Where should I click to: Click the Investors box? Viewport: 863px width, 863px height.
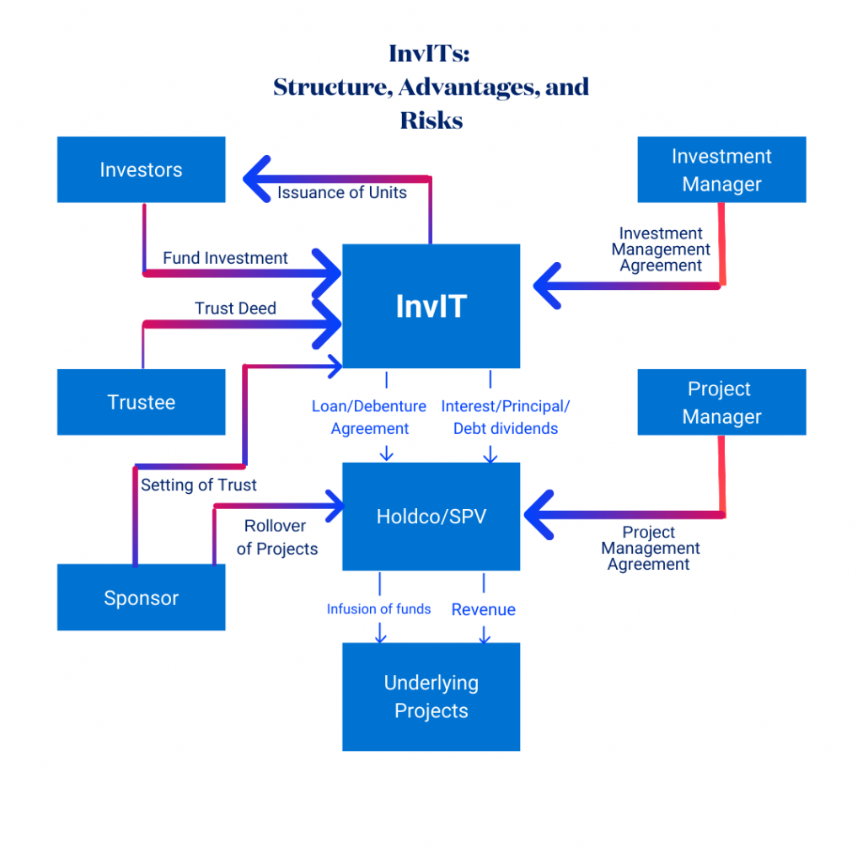pos(141,169)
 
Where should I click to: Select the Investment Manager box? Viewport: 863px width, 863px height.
pos(721,169)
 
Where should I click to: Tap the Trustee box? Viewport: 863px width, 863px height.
pos(141,402)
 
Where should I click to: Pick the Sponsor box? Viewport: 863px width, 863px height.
pos(141,598)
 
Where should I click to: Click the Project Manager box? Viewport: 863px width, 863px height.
pos(721,402)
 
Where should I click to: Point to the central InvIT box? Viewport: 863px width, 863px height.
pos(431,306)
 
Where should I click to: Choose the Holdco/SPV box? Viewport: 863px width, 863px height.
pos(431,516)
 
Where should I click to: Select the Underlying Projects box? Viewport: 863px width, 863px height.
pos(431,696)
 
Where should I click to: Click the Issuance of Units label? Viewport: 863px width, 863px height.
pos(342,193)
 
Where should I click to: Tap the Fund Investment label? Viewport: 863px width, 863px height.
pos(225,258)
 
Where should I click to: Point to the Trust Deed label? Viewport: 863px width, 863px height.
pos(235,308)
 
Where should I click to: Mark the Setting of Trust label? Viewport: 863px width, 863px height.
pos(199,485)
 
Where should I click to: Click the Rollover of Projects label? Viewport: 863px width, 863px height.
pos(276,538)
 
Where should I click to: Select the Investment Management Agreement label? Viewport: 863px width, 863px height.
pos(661,249)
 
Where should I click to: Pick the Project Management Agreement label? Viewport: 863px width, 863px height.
pos(649,549)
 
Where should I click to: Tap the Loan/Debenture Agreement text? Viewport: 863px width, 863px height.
pos(369,417)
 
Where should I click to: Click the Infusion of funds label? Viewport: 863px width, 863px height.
pos(378,609)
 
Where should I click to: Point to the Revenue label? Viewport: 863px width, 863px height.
pos(483,609)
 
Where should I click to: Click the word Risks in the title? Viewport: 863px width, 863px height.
pos(431,121)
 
